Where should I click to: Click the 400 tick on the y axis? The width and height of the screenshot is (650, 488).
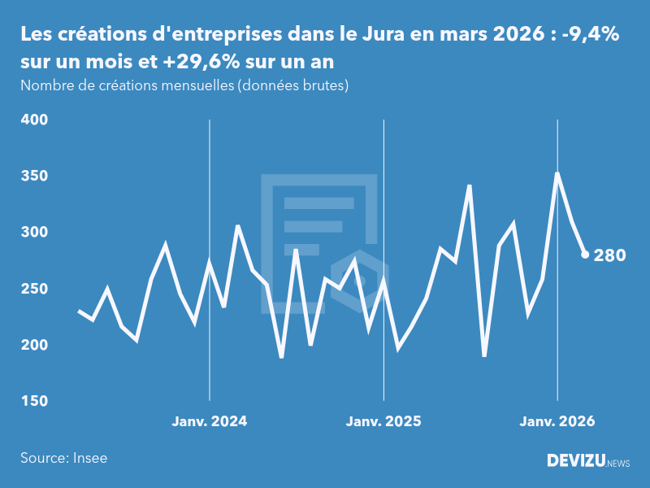click(x=34, y=120)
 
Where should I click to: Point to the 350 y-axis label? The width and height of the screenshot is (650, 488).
click(x=34, y=176)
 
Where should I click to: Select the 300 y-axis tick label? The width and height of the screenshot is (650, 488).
click(x=34, y=233)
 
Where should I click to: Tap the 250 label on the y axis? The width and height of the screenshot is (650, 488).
click(x=34, y=290)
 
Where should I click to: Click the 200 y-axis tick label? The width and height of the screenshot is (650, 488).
click(x=34, y=346)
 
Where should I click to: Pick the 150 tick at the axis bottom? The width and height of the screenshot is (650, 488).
click(x=34, y=402)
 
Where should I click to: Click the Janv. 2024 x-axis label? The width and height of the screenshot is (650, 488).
click(x=210, y=421)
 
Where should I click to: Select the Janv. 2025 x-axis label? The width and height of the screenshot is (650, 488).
click(x=383, y=421)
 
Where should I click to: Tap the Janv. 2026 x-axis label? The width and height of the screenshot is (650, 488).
click(x=557, y=421)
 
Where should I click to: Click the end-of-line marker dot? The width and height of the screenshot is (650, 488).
click(x=585, y=255)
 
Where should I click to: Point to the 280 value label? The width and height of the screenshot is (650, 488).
click(x=609, y=255)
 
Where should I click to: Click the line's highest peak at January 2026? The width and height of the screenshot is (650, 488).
click(x=557, y=173)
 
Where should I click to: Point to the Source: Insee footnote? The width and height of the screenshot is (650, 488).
click(x=64, y=458)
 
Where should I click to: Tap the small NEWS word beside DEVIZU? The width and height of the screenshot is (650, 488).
click(x=618, y=463)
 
